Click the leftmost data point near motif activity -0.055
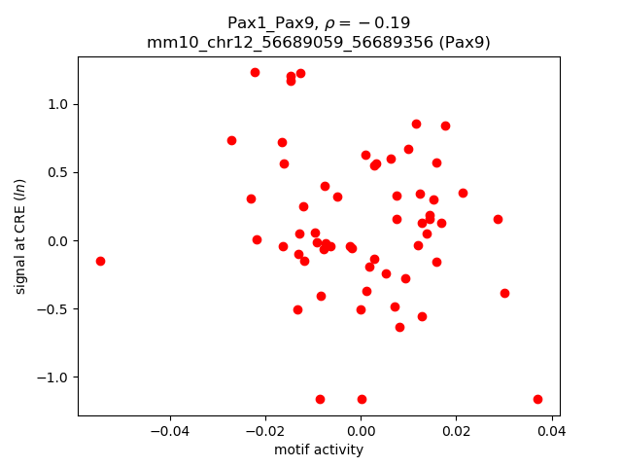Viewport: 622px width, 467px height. pos(100,261)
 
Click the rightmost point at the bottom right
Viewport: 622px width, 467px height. pos(537,399)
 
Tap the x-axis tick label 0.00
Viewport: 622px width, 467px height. pos(361,431)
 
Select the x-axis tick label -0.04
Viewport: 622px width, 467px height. pos(169,431)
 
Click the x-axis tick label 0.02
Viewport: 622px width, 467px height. pos(456,431)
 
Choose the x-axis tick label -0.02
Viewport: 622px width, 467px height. pos(264,431)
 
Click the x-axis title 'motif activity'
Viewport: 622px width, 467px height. pos(319,449)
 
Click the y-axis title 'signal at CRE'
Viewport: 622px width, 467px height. pos(20,236)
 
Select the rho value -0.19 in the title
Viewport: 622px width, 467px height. pos(384,22)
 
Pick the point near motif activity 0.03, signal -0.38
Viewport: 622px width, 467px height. pos(504,293)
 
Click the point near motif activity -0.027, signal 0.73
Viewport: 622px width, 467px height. pos(231,140)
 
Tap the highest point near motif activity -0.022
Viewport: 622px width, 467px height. pos(255,72)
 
